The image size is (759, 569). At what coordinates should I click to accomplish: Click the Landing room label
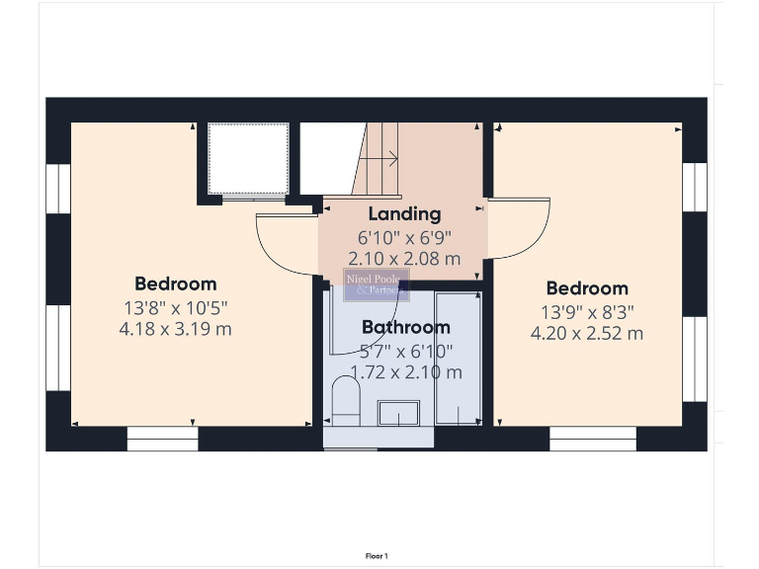pyautogui.click(x=404, y=213)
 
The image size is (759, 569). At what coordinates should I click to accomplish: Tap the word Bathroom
pyautogui.click(x=405, y=327)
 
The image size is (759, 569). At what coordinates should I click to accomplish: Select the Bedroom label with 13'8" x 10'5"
pyautogui.click(x=176, y=284)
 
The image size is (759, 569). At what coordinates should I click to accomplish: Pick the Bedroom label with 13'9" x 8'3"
pyautogui.click(x=587, y=288)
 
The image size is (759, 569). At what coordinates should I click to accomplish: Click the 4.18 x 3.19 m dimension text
pyautogui.click(x=175, y=329)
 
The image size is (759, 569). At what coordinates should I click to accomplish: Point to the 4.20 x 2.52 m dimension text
pyautogui.click(x=587, y=333)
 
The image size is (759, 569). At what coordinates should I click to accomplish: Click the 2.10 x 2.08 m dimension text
pyautogui.click(x=404, y=259)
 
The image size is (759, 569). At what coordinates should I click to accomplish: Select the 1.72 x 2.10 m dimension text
pyautogui.click(x=406, y=372)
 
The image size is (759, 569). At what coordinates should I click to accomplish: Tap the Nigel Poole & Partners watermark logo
pyautogui.click(x=376, y=285)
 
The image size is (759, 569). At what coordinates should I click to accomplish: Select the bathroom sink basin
pyautogui.click(x=399, y=412)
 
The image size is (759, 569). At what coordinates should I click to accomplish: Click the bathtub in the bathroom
pyautogui.click(x=458, y=357)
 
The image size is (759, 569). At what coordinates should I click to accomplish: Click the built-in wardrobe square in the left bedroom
pyautogui.click(x=248, y=158)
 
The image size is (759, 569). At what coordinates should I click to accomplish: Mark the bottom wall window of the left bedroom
pyautogui.click(x=163, y=439)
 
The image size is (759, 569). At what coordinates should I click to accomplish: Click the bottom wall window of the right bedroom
pyautogui.click(x=592, y=439)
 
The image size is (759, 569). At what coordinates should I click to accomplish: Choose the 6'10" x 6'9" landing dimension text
pyautogui.click(x=404, y=237)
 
